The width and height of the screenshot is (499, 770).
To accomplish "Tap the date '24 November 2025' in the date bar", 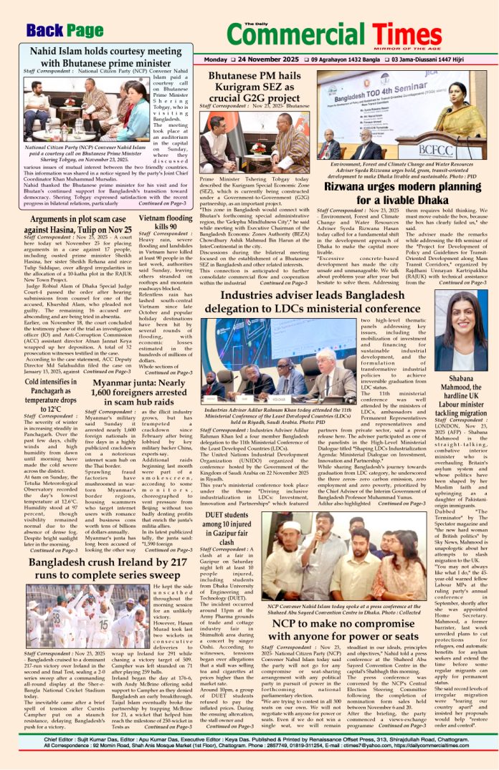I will [259, 59].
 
